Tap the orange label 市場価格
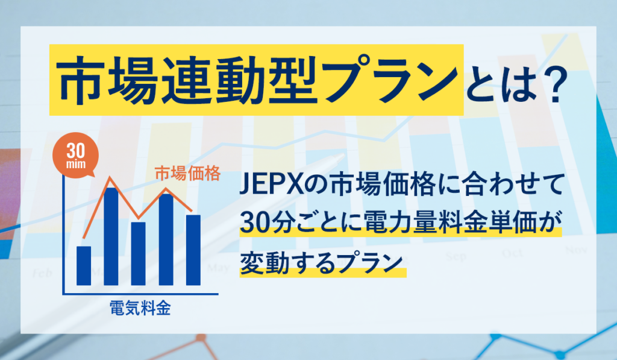pyautogui.click(x=187, y=174)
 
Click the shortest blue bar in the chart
pyautogui.click(x=84, y=265)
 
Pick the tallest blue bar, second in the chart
pyautogui.click(x=111, y=236)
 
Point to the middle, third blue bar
pyautogui.click(x=138, y=253)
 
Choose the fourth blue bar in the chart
pyautogui.click(x=166, y=239)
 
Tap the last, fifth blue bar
pyautogui.click(x=193, y=250)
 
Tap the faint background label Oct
pyautogui.click(x=512, y=253)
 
